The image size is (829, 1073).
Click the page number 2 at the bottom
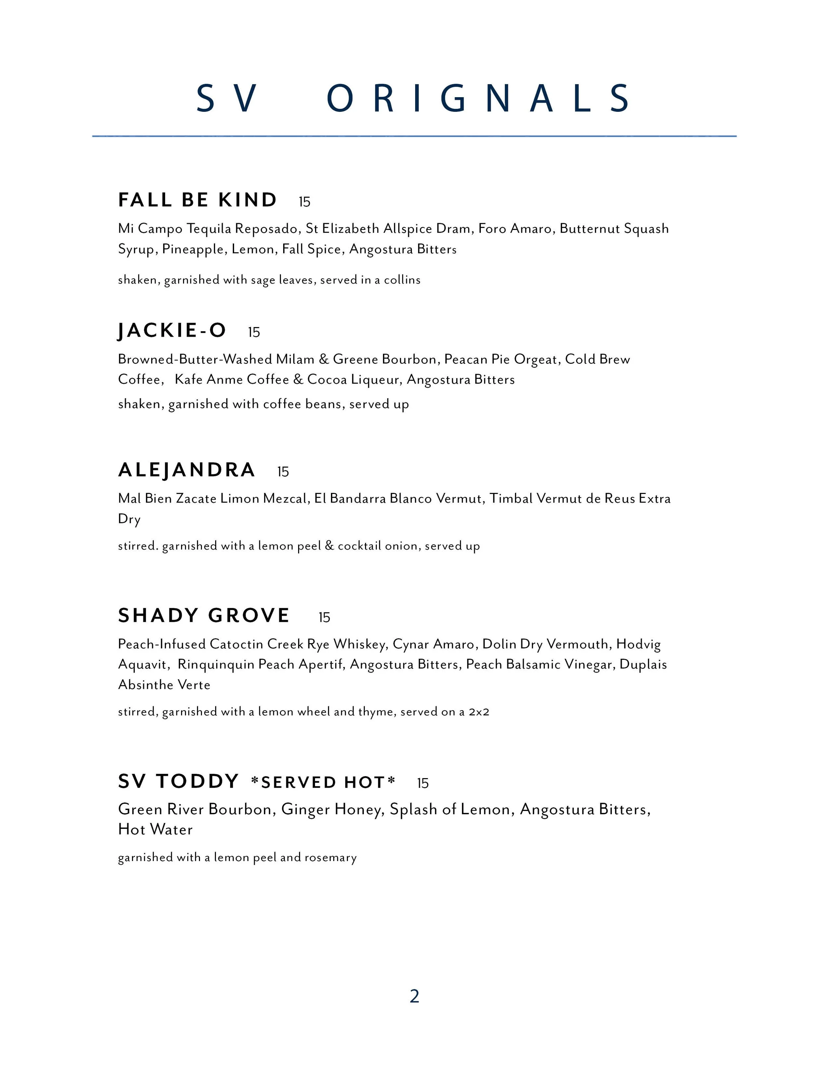click(414, 996)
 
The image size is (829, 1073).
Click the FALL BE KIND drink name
click(197, 200)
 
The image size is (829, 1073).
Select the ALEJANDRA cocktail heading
click(187, 470)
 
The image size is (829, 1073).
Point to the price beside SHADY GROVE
click(324, 618)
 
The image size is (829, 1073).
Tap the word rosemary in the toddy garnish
click(331, 857)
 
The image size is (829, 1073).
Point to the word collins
click(402, 280)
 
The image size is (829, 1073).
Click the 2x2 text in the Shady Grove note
click(479, 712)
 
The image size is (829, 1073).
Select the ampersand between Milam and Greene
click(324, 360)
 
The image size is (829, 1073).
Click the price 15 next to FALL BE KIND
click(304, 202)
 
